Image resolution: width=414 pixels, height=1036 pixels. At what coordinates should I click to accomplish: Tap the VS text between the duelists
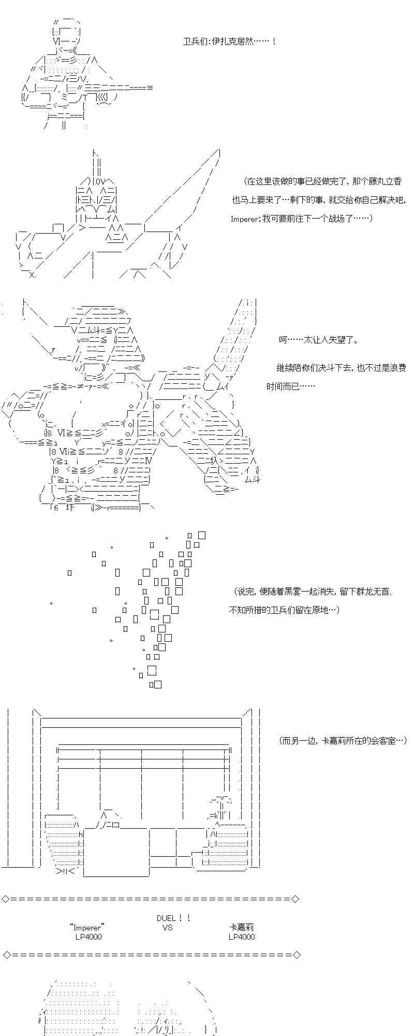coord(167,927)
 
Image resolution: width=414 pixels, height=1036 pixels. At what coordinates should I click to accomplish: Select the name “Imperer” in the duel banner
coord(87,927)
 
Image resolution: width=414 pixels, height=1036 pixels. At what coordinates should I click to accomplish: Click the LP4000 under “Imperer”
coord(88,937)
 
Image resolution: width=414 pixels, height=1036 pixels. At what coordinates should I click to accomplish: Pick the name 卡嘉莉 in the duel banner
coord(242,927)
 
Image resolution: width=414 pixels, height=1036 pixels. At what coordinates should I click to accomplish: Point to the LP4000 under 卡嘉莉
coord(242,937)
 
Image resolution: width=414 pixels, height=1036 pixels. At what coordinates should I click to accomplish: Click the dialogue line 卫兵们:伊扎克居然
coord(230,41)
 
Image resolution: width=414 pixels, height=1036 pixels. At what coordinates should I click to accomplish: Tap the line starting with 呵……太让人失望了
coord(318,340)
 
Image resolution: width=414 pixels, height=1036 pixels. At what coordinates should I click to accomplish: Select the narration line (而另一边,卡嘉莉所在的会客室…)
coord(343,741)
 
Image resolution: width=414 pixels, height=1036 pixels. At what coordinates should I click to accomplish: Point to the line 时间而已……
coord(290,386)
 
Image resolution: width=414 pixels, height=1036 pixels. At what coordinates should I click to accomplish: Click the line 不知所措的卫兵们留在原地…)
coord(284,610)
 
